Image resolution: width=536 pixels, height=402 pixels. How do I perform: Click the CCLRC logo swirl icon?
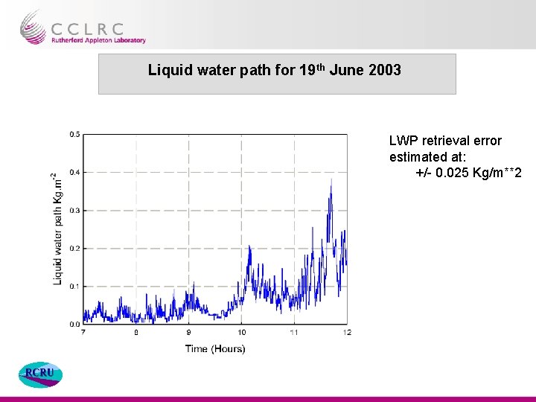[33, 28]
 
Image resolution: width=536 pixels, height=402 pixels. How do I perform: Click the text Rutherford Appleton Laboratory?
[98, 40]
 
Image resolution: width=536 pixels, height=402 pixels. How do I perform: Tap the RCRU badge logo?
[40, 374]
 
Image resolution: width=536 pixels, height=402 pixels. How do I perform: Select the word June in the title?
[347, 71]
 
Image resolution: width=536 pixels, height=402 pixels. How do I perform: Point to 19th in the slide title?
[312, 71]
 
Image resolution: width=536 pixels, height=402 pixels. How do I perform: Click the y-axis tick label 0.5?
[74, 134]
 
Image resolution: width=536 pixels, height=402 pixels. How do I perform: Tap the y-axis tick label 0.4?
[74, 172]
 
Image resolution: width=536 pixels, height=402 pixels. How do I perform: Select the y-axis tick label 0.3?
[74, 211]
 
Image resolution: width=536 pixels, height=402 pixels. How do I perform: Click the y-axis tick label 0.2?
[74, 249]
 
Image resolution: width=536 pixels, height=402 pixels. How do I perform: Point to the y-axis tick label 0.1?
[74, 287]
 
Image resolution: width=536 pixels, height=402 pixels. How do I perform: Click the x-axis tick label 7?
[83, 333]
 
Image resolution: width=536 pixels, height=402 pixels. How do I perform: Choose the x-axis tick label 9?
[188, 333]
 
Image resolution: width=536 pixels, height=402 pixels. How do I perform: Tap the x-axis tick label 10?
[241, 333]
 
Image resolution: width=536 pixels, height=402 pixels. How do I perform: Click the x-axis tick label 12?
[347, 333]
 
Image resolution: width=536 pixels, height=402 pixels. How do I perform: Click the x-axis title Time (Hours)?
[214, 348]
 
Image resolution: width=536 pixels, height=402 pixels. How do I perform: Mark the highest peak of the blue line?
[331, 179]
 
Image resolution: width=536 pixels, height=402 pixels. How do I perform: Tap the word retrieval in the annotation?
[445, 141]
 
